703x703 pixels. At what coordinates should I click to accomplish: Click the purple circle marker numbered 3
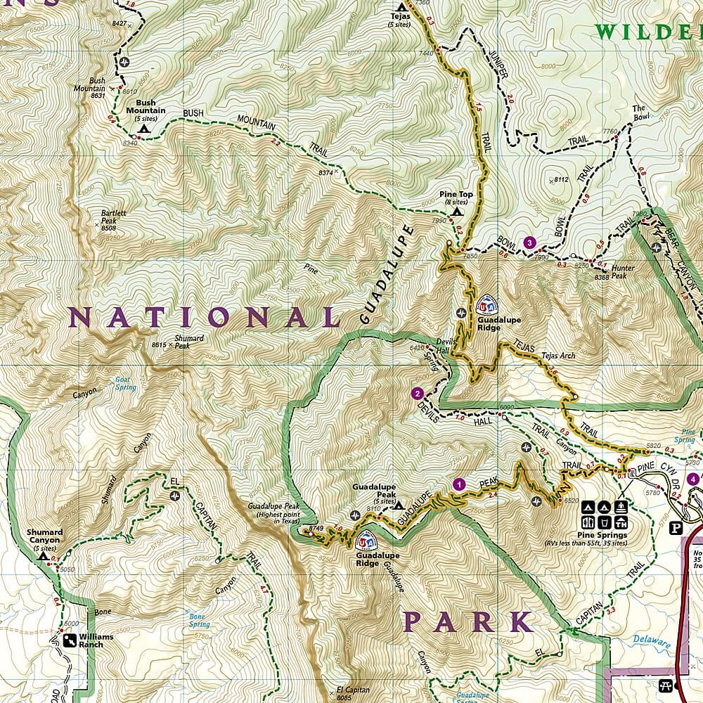coord(530,243)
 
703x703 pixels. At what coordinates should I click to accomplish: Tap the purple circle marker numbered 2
coord(418,394)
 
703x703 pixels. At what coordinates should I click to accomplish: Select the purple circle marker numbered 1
coord(459,484)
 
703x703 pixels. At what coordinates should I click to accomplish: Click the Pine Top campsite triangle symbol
coord(457,211)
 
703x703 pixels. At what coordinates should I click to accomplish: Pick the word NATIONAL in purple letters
coord(204,318)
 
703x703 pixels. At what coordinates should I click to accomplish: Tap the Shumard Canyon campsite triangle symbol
coord(44,555)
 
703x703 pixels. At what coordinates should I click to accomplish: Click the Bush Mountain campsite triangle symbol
coord(144,129)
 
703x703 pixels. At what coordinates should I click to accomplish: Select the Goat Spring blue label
coord(125,383)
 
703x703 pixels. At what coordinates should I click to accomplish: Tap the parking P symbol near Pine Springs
coord(677,529)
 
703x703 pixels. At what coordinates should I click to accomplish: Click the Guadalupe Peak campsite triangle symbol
coord(399,505)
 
